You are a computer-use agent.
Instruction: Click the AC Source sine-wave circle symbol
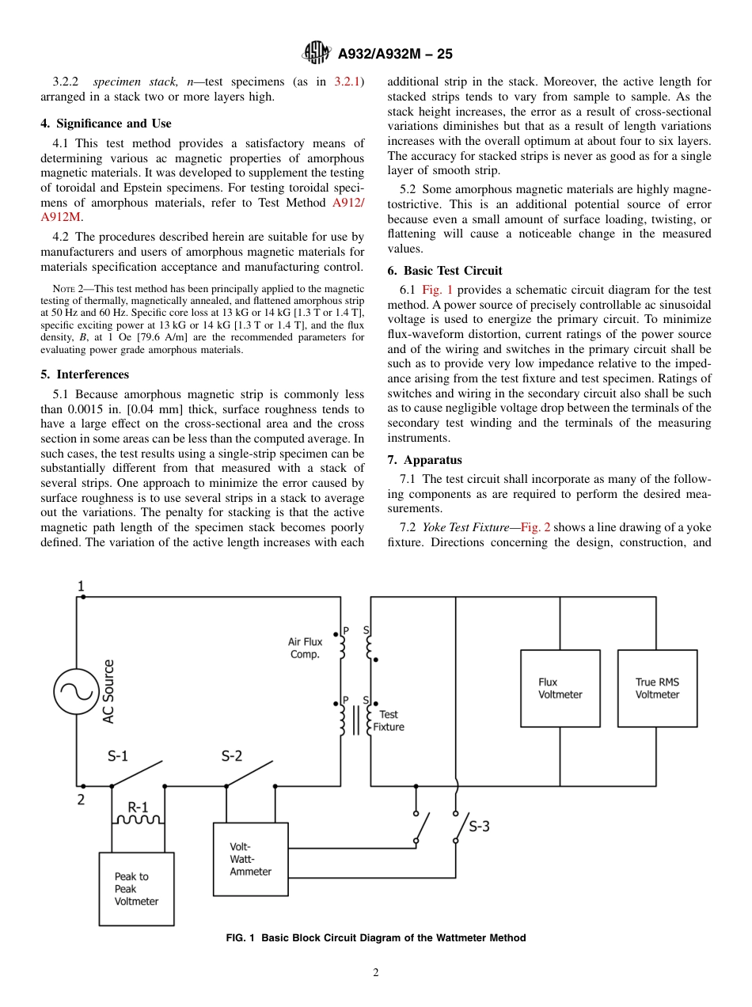click(x=77, y=691)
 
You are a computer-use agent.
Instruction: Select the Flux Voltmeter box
click(x=560, y=688)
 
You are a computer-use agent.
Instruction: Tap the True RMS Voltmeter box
click(x=657, y=688)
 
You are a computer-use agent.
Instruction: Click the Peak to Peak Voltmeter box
click(x=136, y=888)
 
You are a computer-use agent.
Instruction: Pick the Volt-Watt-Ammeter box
click(x=251, y=859)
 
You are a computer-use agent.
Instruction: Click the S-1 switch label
click(x=118, y=756)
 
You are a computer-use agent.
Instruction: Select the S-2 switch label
click(x=231, y=756)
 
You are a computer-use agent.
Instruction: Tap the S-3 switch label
click(x=479, y=826)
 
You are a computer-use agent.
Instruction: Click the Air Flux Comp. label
click(x=305, y=648)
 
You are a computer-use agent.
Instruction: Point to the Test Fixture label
click(x=389, y=720)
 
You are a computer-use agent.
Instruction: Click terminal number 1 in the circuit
click(x=81, y=587)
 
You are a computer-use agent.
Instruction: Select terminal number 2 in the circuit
click(x=81, y=800)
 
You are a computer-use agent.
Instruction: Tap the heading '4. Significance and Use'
click(x=106, y=123)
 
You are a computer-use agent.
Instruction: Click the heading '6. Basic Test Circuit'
click(x=445, y=271)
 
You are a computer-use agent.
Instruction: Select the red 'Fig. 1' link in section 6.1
click(x=437, y=291)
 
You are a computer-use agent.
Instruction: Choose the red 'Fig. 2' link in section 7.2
click(x=535, y=527)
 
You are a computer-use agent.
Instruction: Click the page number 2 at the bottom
click(x=376, y=973)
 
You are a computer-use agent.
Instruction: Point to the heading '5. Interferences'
click(x=85, y=374)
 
